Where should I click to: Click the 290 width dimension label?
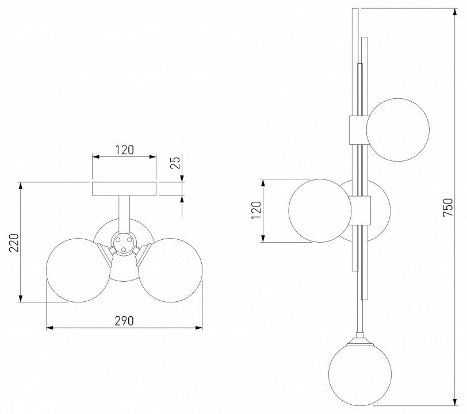click(124, 321)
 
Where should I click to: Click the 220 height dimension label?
click(14, 243)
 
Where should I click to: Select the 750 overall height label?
click(448, 208)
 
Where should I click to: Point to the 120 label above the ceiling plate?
click(124, 150)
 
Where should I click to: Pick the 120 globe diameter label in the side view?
click(256, 210)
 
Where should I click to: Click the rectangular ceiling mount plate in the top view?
click(124, 189)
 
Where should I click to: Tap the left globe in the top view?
click(78, 270)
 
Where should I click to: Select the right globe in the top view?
click(170, 270)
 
